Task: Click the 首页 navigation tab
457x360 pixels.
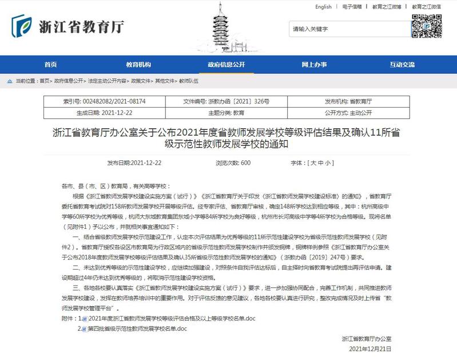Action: click(x=50, y=65)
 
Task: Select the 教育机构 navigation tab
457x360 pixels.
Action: click(x=138, y=65)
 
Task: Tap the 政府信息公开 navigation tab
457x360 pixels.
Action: click(x=226, y=65)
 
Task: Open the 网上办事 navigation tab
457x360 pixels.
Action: click(x=314, y=65)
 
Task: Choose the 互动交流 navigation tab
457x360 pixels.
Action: click(x=402, y=65)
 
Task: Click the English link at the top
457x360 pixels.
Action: click(x=323, y=7)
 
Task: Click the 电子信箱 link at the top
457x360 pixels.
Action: click(x=352, y=7)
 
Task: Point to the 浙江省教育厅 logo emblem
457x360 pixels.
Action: click(x=23, y=26)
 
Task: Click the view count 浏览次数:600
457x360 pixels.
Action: click(x=233, y=163)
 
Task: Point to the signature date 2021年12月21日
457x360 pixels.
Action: click(x=369, y=349)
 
